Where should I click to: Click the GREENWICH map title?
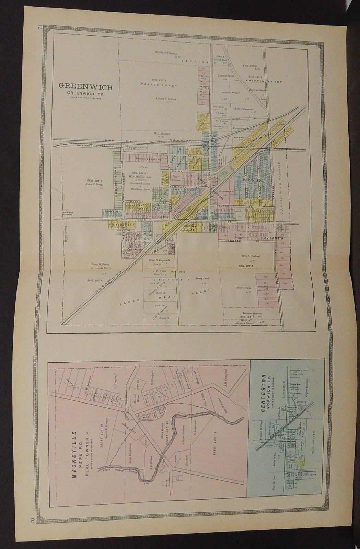click(85, 85)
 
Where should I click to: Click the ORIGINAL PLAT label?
click(195, 228)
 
